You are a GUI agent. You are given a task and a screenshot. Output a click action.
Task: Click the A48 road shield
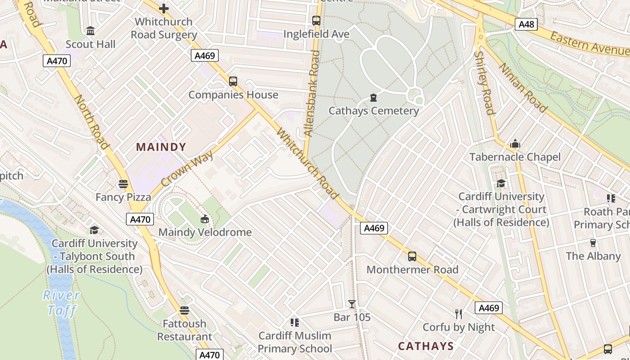click(x=526, y=24)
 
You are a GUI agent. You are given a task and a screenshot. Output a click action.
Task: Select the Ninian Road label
click(x=522, y=87)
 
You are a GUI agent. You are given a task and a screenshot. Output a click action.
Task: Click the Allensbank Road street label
click(x=312, y=94)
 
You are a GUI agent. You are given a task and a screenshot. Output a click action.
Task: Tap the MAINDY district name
click(x=161, y=147)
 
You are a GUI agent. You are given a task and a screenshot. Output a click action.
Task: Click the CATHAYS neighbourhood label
click(x=426, y=346)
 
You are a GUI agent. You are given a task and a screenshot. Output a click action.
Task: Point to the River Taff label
click(x=62, y=302)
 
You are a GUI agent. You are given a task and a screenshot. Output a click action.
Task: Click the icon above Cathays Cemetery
click(x=373, y=97)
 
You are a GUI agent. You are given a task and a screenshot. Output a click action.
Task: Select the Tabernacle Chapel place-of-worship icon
click(x=515, y=144)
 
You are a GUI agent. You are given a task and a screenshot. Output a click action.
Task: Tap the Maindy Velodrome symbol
click(x=205, y=219)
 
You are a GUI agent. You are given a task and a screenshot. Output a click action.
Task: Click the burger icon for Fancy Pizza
click(x=123, y=184)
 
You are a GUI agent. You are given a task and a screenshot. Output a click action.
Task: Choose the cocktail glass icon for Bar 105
click(x=352, y=304)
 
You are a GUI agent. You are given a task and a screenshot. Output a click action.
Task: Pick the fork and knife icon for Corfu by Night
click(x=459, y=314)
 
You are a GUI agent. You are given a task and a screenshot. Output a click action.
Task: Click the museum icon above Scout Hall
click(x=90, y=31)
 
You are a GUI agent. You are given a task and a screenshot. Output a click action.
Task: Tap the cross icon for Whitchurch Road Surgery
click(x=164, y=8)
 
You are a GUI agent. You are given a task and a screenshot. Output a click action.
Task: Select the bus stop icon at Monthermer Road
click(x=412, y=256)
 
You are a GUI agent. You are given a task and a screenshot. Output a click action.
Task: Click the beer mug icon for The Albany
click(x=593, y=243)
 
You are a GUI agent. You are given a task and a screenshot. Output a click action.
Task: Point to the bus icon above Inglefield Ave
click(x=316, y=20)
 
